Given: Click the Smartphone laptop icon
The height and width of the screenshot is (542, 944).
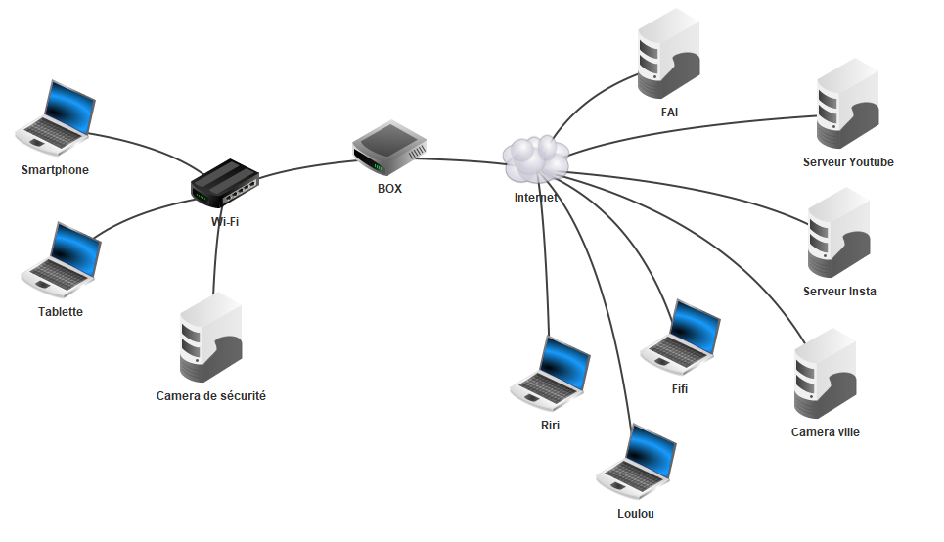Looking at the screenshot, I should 57,118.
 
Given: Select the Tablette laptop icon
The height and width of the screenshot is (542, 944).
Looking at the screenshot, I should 62,260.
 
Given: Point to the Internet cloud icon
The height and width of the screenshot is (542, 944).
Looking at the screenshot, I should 536,158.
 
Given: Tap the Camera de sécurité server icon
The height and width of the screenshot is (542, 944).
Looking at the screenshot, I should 210,339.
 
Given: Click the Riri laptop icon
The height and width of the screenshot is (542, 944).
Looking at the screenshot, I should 551,375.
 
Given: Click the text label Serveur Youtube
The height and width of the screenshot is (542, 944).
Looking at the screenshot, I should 848,162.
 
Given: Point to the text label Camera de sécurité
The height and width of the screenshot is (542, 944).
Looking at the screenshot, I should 211,396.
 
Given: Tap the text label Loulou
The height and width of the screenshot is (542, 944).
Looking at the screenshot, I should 636,514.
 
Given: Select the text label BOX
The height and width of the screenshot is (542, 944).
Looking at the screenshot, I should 389,189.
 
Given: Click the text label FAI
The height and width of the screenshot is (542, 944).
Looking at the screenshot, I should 669,113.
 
